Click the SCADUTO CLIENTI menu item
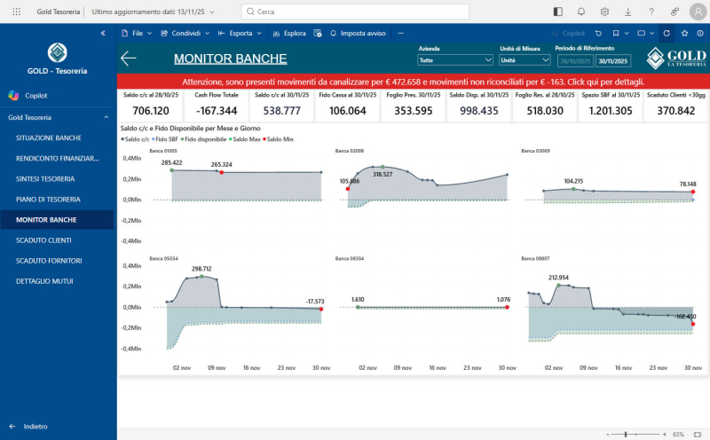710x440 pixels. pos(43,240)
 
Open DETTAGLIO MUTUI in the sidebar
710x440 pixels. pos(44,280)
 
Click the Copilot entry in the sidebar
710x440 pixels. pos(35,95)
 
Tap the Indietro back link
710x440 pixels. pos(35,426)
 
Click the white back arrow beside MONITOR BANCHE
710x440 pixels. pos(129,59)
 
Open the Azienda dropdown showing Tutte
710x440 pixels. pos(454,60)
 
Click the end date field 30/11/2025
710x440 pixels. pos(612,61)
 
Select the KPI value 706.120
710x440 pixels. pos(150,111)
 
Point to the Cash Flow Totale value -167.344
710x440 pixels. pos(217,111)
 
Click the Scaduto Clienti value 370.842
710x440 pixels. pos(676,111)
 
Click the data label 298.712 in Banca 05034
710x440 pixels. pos(201,268)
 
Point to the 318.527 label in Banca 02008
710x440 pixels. pos(383,175)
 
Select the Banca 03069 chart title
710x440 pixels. pos(535,151)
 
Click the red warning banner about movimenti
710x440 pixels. pos(413,81)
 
